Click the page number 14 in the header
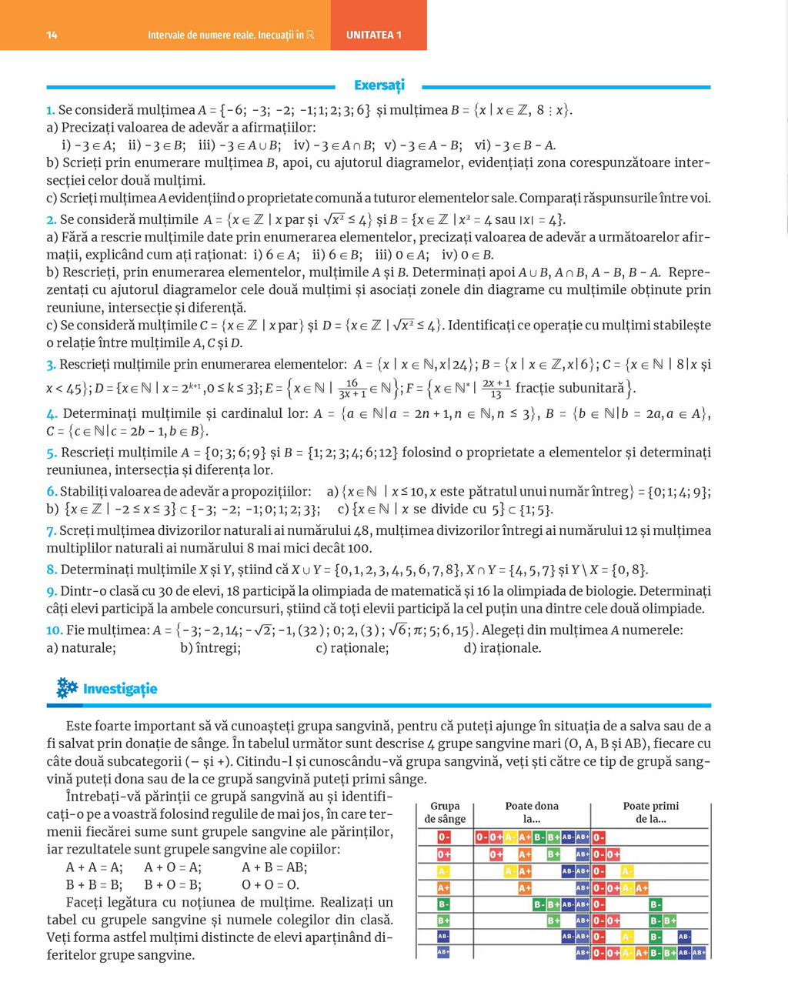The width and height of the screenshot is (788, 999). point(52,35)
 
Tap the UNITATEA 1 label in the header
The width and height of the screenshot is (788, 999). point(374,35)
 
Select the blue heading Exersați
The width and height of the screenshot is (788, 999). point(379,85)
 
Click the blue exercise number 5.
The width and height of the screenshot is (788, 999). point(52,453)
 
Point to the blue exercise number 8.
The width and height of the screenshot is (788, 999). point(52,570)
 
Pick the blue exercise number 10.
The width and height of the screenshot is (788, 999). point(54,630)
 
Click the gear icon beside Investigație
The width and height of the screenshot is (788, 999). point(67,688)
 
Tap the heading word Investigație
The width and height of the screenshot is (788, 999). point(120,689)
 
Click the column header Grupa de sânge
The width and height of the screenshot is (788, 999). point(445,812)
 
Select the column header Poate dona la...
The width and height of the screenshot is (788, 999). point(532,812)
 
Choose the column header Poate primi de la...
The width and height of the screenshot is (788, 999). point(651,812)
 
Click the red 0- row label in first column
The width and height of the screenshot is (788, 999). point(444,837)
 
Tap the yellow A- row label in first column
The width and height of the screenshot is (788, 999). point(443,871)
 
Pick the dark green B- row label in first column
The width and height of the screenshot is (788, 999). point(443,904)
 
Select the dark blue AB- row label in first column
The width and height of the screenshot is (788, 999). point(443,937)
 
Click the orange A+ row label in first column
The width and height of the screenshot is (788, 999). point(443,887)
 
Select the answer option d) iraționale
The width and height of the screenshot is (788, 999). point(503,648)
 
